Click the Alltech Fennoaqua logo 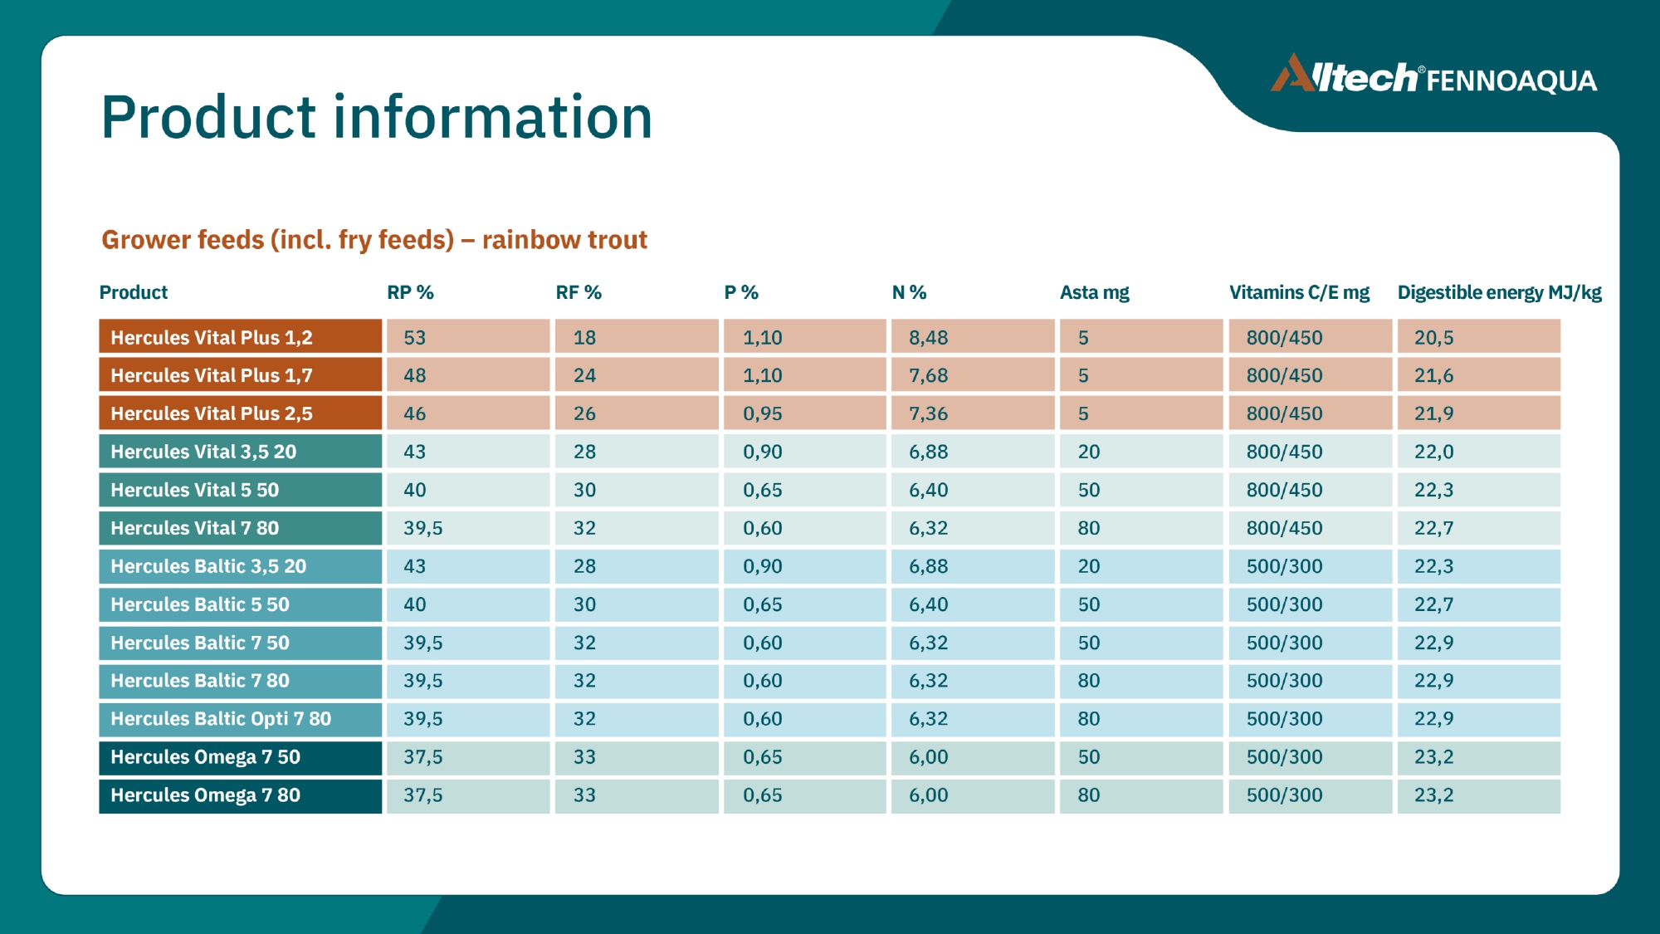click(x=1433, y=75)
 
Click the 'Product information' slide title click(x=377, y=116)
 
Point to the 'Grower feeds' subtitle click(x=374, y=240)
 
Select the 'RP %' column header click(x=410, y=292)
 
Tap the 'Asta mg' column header click(x=1094, y=292)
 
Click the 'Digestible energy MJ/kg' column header click(x=1499, y=292)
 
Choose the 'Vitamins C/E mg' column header click(x=1299, y=292)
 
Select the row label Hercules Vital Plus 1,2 click(x=241, y=337)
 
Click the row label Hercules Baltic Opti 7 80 click(x=241, y=719)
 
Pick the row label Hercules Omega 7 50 click(x=241, y=757)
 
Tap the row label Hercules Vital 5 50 click(x=241, y=490)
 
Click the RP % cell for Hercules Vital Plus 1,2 click(x=468, y=337)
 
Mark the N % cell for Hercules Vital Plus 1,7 click(x=973, y=375)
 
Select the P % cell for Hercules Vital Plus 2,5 click(x=804, y=413)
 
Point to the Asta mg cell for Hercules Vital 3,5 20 click(x=1141, y=452)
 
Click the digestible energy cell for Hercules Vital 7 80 click(x=1479, y=528)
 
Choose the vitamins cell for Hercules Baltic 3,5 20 click(x=1310, y=566)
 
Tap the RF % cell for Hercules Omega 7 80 click(x=637, y=795)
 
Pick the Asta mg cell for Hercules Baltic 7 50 click(x=1141, y=643)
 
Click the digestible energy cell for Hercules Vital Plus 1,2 click(x=1479, y=337)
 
